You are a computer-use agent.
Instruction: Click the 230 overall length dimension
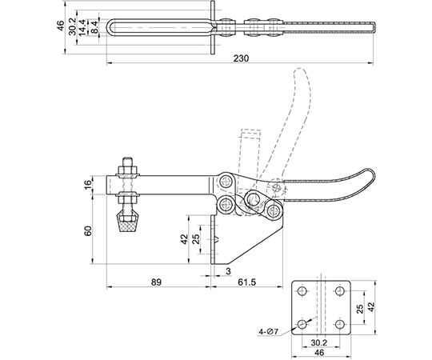tap(241, 58)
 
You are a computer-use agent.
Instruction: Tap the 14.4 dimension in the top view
tap(82, 27)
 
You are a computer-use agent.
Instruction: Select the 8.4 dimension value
tap(94, 27)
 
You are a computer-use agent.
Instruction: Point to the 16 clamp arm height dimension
tap(87, 184)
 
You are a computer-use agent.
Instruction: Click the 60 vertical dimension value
tap(88, 231)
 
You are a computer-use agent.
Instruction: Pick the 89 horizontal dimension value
tap(156, 282)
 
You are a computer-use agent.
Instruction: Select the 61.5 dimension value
tap(246, 282)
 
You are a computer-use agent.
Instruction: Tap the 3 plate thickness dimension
tap(228, 271)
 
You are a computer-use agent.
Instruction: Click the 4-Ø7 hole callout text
tap(269, 332)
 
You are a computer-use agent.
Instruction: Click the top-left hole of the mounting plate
tap(302, 290)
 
